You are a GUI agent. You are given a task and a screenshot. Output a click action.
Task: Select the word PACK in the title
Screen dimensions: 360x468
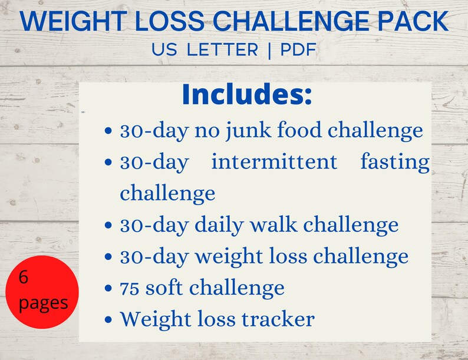point(416,22)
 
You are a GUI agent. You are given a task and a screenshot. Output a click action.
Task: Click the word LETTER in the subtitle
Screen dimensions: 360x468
point(222,49)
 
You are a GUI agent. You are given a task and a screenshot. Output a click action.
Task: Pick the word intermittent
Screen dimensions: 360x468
point(274,161)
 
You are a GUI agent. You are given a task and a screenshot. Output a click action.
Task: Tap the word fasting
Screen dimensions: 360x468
point(395,163)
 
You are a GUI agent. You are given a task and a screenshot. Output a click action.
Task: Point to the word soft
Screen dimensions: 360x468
point(166,288)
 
